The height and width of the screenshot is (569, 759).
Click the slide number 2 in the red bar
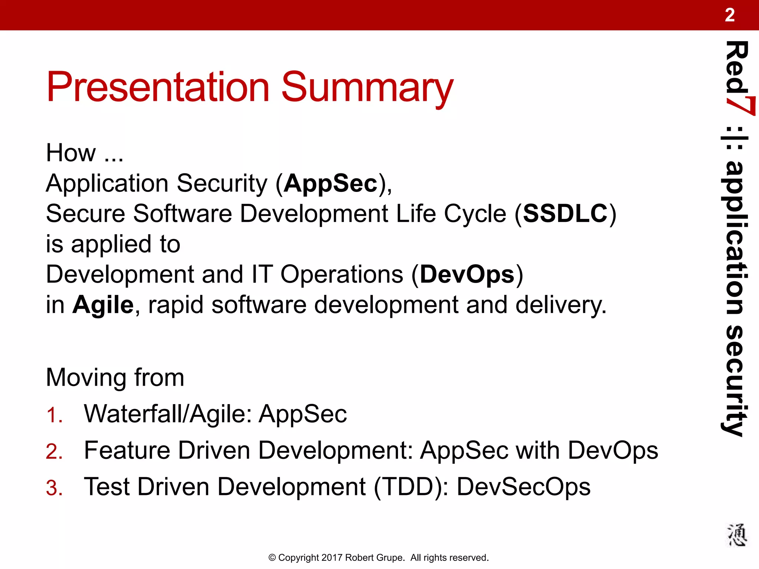point(729,15)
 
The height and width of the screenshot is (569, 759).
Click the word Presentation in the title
point(158,87)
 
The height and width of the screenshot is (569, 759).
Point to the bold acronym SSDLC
point(566,214)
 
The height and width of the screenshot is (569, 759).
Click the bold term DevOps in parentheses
point(467,275)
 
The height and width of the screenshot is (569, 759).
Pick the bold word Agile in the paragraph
point(103,305)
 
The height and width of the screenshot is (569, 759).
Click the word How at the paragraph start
point(71,153)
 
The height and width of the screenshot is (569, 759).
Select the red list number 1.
point(54,415)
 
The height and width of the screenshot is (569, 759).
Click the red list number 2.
point(54,452)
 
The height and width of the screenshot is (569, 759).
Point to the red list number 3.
point(54,488)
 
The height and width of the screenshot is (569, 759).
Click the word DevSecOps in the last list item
point(523,487)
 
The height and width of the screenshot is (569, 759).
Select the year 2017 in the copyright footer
point(332,558)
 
